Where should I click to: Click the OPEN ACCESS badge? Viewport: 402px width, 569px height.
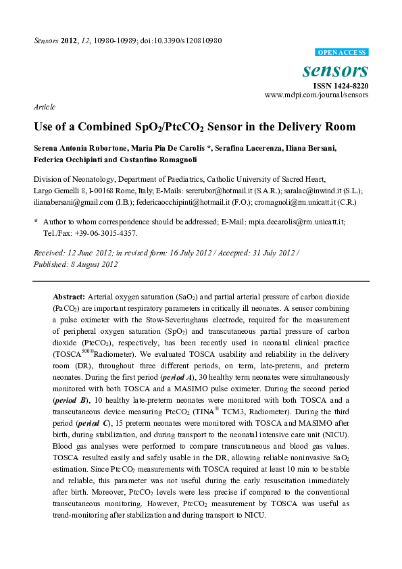(x=342, y=52)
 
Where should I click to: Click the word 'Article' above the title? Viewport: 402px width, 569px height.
(x=44, y=107)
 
